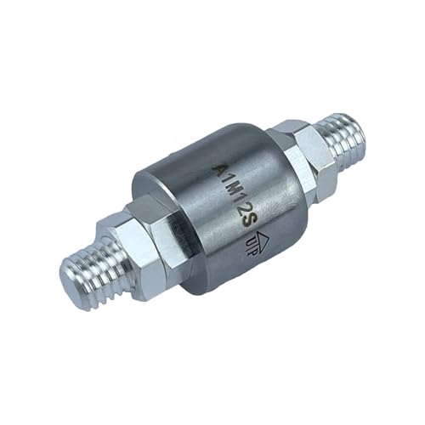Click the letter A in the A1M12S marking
pyautogui.click(x=218, y=169)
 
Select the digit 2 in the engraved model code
pyautogui.click(x=241, y=211)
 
